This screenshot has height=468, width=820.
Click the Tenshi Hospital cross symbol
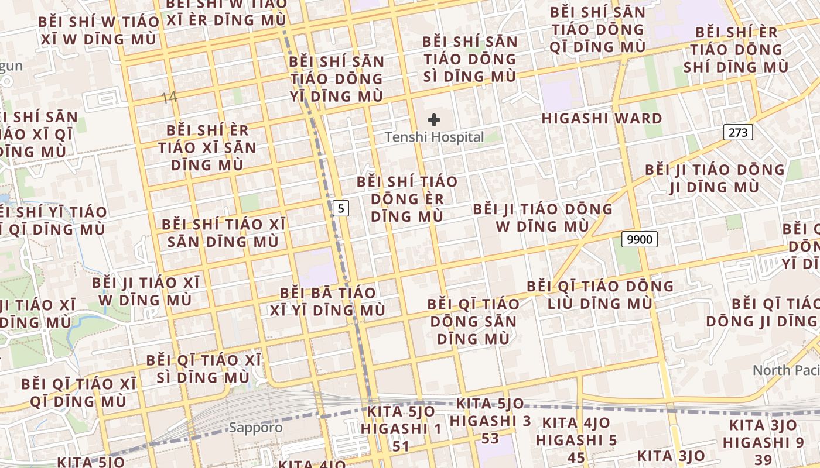(x=434, y=121)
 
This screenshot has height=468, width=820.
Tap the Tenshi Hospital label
(x=434, y=137)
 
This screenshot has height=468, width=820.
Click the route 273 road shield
(x=737, y=132)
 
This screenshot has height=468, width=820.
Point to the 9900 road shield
(x=640, y=239)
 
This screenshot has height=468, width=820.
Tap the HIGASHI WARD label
(x=602, y=118)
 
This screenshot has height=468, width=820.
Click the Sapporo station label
(x=255, y=428)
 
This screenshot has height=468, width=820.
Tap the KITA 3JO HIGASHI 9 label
(x=763, y=433)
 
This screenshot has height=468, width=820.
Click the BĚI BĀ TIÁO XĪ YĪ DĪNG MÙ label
(x=327, y=301)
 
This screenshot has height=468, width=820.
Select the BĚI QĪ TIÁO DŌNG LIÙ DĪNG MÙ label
(x=600, y=295)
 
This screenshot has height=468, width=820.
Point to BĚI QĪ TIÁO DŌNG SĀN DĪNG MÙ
(x=473, y=321)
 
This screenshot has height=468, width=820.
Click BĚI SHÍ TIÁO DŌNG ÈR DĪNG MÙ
(x=407, y=198)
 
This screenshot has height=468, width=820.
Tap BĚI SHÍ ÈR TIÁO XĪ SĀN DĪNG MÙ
(x=207, y=147)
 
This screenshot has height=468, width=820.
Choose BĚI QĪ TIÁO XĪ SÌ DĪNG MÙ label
(x=204, y=369)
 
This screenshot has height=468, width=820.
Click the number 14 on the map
(x=169, y=97)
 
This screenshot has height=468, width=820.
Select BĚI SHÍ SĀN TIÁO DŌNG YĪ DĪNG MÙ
(x=337, y=79)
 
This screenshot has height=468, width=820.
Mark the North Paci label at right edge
(x=785, y=370)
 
